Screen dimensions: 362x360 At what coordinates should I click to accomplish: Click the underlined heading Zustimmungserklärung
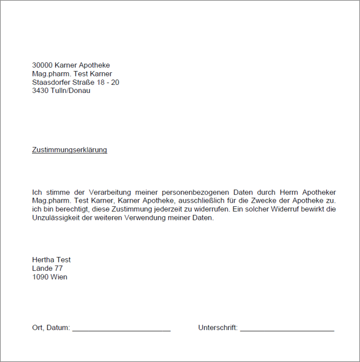(69, 150)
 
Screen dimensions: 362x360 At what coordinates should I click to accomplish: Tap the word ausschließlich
(202, 201)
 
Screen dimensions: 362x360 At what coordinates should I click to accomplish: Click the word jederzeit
(180, 209)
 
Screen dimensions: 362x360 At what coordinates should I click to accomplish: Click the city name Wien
(59, 277)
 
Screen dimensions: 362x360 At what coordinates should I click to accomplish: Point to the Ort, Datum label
(51, 328)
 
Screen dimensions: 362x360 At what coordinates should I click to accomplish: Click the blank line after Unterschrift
(287, 329)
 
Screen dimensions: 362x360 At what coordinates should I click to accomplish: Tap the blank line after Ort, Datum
(122, 329)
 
